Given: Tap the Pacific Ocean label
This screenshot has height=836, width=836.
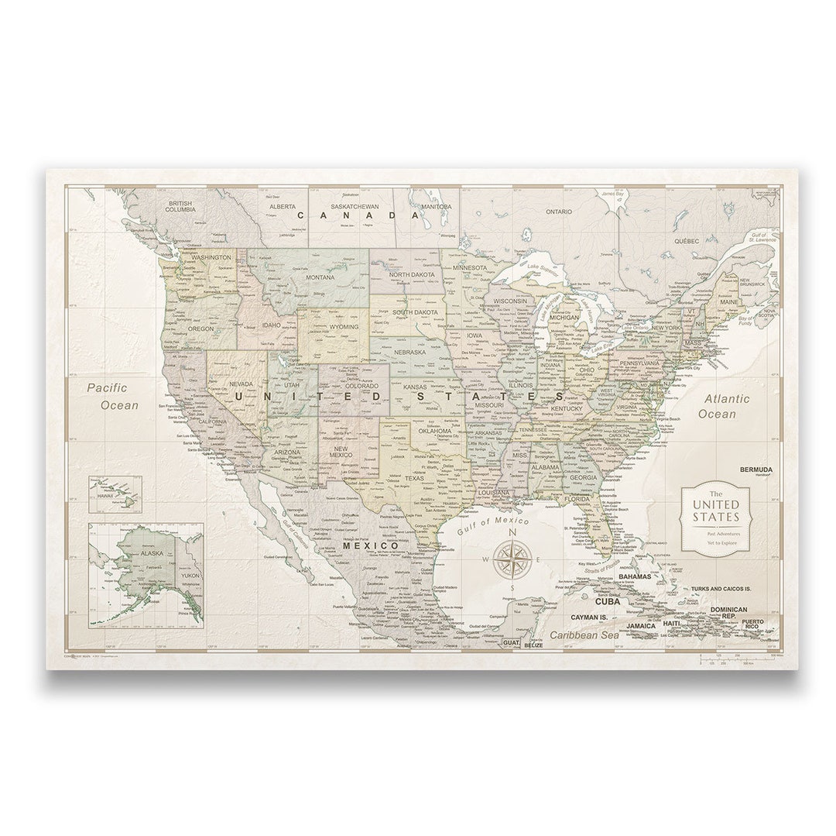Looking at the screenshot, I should coord(112,396).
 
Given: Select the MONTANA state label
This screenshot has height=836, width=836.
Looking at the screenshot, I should coord(320,277).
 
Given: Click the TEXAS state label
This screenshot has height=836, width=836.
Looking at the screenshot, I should coord(414,478).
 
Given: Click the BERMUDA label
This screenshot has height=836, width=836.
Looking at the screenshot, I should coord(755,470).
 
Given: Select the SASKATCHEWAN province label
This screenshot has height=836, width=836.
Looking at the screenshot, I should coord(354,207).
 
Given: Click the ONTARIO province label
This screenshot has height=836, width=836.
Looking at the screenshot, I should coord(558,211).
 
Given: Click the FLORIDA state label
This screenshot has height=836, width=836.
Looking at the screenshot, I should coord(577,499).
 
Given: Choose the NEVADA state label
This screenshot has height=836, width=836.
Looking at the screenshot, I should coord(242,383).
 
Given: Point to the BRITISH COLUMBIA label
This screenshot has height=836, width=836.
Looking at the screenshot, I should coord(180,206).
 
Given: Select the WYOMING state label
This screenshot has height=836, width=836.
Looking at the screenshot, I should coord(344,327).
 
